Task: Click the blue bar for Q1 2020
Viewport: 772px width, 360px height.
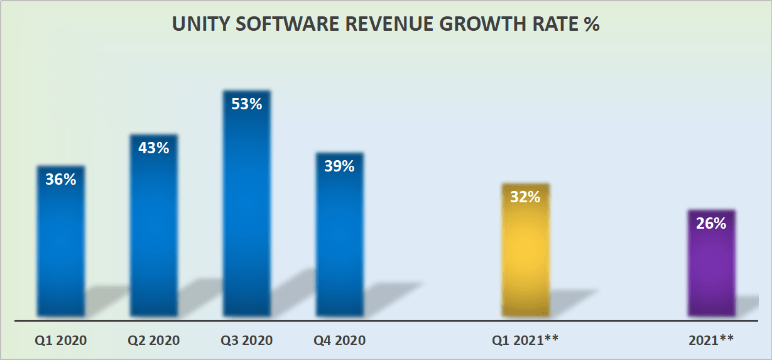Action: [60, 251]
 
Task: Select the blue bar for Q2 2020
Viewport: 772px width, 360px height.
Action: [153, 239]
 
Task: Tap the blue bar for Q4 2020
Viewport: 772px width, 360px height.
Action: [339, 245]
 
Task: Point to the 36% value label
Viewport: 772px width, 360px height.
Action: [60, 180]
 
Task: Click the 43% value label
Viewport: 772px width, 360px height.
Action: [153, 148]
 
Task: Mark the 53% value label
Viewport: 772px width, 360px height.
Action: [246, 104]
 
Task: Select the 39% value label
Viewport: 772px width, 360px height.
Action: [339, 166]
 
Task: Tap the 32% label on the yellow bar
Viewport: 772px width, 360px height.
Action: [525, 197]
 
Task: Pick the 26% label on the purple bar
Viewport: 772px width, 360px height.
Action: [711, 223]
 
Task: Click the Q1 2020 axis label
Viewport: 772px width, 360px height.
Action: [60, 341]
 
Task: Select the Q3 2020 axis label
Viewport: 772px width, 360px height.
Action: [246, 341]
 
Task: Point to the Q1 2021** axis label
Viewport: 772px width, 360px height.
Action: [525, 341]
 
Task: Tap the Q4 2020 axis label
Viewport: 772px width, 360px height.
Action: [339, 341]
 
